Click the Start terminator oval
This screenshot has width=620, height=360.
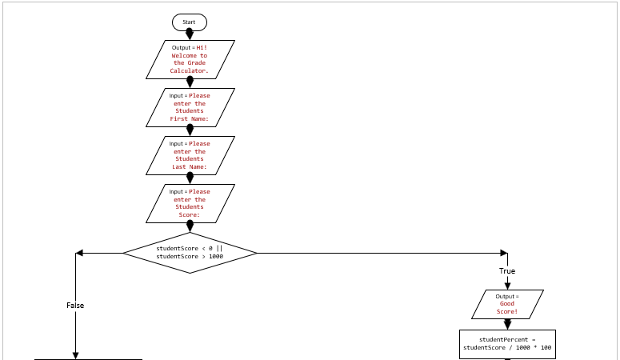coord(190,22)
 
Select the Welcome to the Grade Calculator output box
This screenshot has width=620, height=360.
coord(190,59)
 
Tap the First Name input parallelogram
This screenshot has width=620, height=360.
coord(190,107)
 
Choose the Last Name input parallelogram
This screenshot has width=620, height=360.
coord(190,155)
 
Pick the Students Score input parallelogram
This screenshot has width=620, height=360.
coord(190,203)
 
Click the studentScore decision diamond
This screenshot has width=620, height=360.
coord(190,253)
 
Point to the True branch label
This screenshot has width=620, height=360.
coord(507,271)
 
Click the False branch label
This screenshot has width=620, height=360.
coord(75,306)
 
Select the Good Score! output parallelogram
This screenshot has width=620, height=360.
coord(507,304)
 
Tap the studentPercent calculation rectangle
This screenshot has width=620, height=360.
coord(507,344)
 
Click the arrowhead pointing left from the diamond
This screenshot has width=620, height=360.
coord(79,254)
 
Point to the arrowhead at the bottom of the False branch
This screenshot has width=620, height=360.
coord(76,355)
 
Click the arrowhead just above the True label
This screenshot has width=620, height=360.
coord(507,258)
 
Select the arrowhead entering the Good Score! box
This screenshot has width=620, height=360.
coord(507,285)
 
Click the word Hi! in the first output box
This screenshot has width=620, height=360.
coord(202,47)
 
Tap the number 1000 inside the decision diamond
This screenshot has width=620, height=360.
coord(216,257)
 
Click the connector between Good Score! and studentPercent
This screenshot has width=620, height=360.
coord(507,324)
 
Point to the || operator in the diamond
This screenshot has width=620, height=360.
coord(219,248)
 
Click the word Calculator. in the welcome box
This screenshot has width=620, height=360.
coord(190,71)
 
